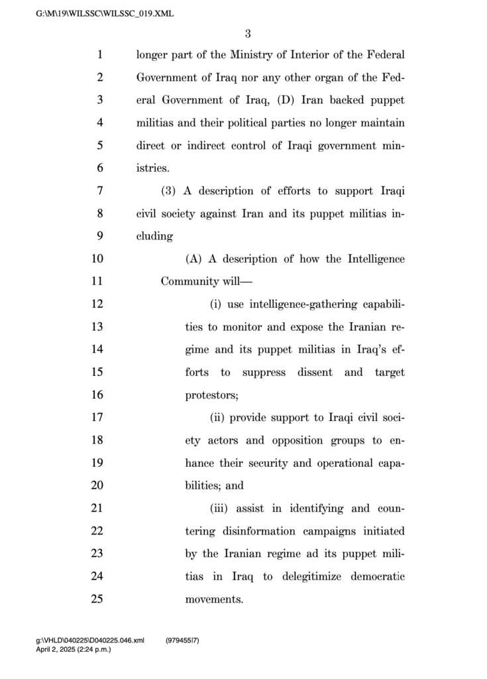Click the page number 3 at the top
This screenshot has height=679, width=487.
tap(247, 34)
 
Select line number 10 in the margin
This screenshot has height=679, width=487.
tap(99, 259)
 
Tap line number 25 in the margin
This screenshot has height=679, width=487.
tap(99, 599)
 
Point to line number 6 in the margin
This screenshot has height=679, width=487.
tap(99, 168)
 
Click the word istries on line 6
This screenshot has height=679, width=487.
tap(152, 168)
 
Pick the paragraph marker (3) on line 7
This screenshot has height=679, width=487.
tap(170, 192)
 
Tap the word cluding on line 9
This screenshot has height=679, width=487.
tap(154, 237)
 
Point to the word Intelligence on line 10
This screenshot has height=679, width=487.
tap(376, 259)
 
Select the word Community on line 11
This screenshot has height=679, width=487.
tap(188, 282)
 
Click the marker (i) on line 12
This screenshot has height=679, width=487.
tap(215, 304)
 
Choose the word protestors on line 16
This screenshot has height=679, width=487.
tap(211, 395)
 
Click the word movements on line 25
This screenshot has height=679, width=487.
tap(213, 599)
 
